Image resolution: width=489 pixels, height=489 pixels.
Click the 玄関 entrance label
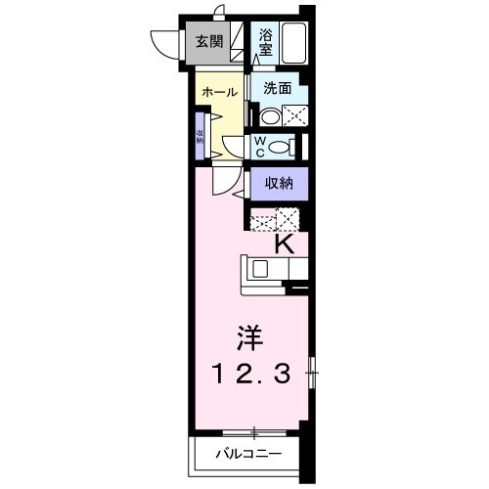[x=206, y=41]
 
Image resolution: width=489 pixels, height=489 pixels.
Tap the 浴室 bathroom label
[x=267, y=41]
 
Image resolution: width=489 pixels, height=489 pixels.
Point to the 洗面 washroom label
[x=277, y=86]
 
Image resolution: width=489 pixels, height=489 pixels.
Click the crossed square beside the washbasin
[x=291, y=114]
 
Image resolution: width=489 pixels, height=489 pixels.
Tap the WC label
[x=261, y=147]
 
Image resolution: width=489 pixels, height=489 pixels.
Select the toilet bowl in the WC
[x=281, y=147]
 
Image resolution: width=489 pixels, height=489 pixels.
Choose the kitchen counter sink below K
[x=262, y=268]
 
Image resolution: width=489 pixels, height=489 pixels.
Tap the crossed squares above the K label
[x=275, y=220]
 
